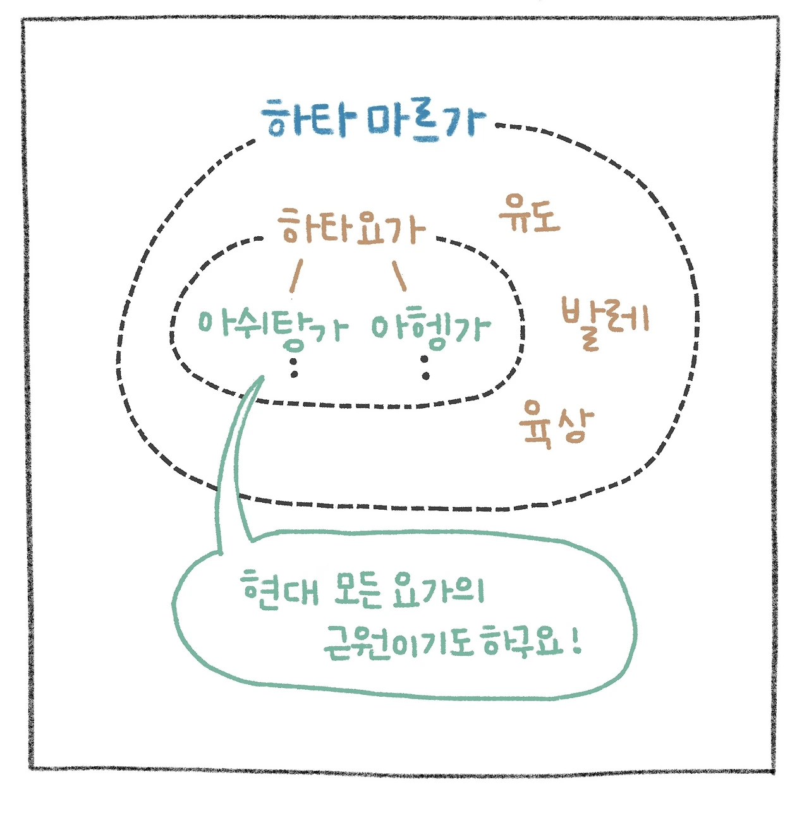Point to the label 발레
click(x=605, y=321)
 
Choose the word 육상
click(x=556, y=425)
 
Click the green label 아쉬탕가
click(x=272, y=327)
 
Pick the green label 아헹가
click(x=430, y=328)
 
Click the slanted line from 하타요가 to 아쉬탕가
click(x=296, y=275)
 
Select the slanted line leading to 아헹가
click(x=399, y=276)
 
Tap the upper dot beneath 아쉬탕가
click(x=294, y=361)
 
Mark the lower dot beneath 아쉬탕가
click(x=294, y=375)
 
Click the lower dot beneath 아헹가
click(x=426, y=376)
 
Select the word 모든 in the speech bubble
click(x=358, y=589)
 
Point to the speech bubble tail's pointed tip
click(x=261, y=377)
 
